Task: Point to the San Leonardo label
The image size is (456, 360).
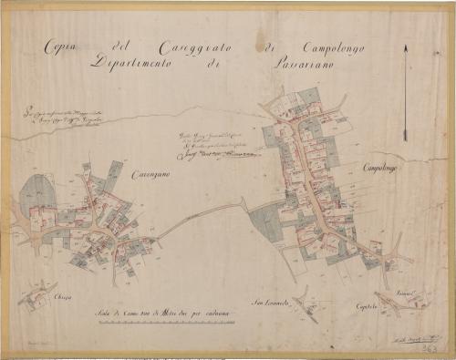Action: [x=271, y=302]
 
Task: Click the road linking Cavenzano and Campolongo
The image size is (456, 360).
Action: [x=205, y=217]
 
